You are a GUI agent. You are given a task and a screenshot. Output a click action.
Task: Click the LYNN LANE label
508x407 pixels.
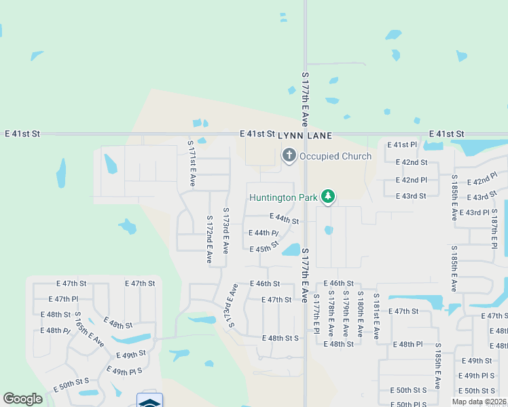click(304, 136)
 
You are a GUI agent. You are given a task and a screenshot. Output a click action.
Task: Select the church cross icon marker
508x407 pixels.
click(289, 156)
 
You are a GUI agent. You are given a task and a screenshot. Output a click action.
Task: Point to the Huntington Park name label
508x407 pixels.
click(283, 198)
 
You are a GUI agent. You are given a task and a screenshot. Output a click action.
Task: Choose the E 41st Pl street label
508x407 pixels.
click(401, 145)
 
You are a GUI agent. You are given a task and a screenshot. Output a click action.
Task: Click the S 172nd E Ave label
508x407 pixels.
click(209, 240)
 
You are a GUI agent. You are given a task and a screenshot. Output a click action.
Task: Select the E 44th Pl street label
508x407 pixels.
click(265, 233)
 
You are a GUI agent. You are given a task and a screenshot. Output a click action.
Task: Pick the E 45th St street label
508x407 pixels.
click(265, 249)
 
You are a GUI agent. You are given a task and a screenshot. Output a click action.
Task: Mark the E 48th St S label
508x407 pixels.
click(280, 338)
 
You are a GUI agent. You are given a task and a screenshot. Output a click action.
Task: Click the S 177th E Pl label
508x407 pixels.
click(316, 313)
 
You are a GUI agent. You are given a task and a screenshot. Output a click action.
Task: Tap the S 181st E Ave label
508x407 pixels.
click(375, 317)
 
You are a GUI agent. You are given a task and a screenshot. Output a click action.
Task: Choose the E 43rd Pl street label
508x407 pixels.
click(475, 213)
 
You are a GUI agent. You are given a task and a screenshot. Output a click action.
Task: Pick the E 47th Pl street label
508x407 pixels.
click(64, 299)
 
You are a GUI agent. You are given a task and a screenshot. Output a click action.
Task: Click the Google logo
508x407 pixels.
click(23, 400)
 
